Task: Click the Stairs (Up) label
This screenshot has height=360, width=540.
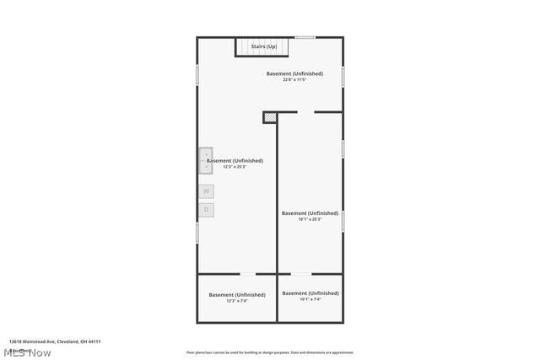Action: click(x=264, y=46)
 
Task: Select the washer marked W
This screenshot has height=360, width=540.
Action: click(x=206, y=191)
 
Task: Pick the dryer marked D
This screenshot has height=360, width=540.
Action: click(x=206, y=209)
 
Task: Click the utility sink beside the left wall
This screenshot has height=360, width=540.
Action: click(x=206, y=160)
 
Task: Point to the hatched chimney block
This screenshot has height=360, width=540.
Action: click(x=270, y=118)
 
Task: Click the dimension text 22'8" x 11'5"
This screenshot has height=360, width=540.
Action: click(x=294, y=80)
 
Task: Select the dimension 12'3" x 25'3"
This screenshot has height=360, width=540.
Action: click(x=235, y=167)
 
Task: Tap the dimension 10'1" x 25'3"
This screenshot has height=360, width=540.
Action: click(x=310, y=219)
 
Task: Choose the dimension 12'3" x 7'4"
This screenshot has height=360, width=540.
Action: click(x=237, y=300)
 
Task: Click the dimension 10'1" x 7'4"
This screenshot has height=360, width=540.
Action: click(x=310, y=299)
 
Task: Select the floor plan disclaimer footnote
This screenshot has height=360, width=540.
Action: click(x=270, y=352)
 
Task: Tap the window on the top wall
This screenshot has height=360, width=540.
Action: click(x=305, y=37)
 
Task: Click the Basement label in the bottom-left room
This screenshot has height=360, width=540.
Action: click(x=237, y=294)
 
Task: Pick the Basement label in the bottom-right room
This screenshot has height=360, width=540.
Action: click(x=310, y=293)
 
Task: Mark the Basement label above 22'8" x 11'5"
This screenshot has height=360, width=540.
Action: click(x=294, y=73)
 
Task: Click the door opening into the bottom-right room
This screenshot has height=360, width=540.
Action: click(x=301, y=274)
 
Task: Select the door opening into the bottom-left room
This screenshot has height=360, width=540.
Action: click(x=248, y=274)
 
